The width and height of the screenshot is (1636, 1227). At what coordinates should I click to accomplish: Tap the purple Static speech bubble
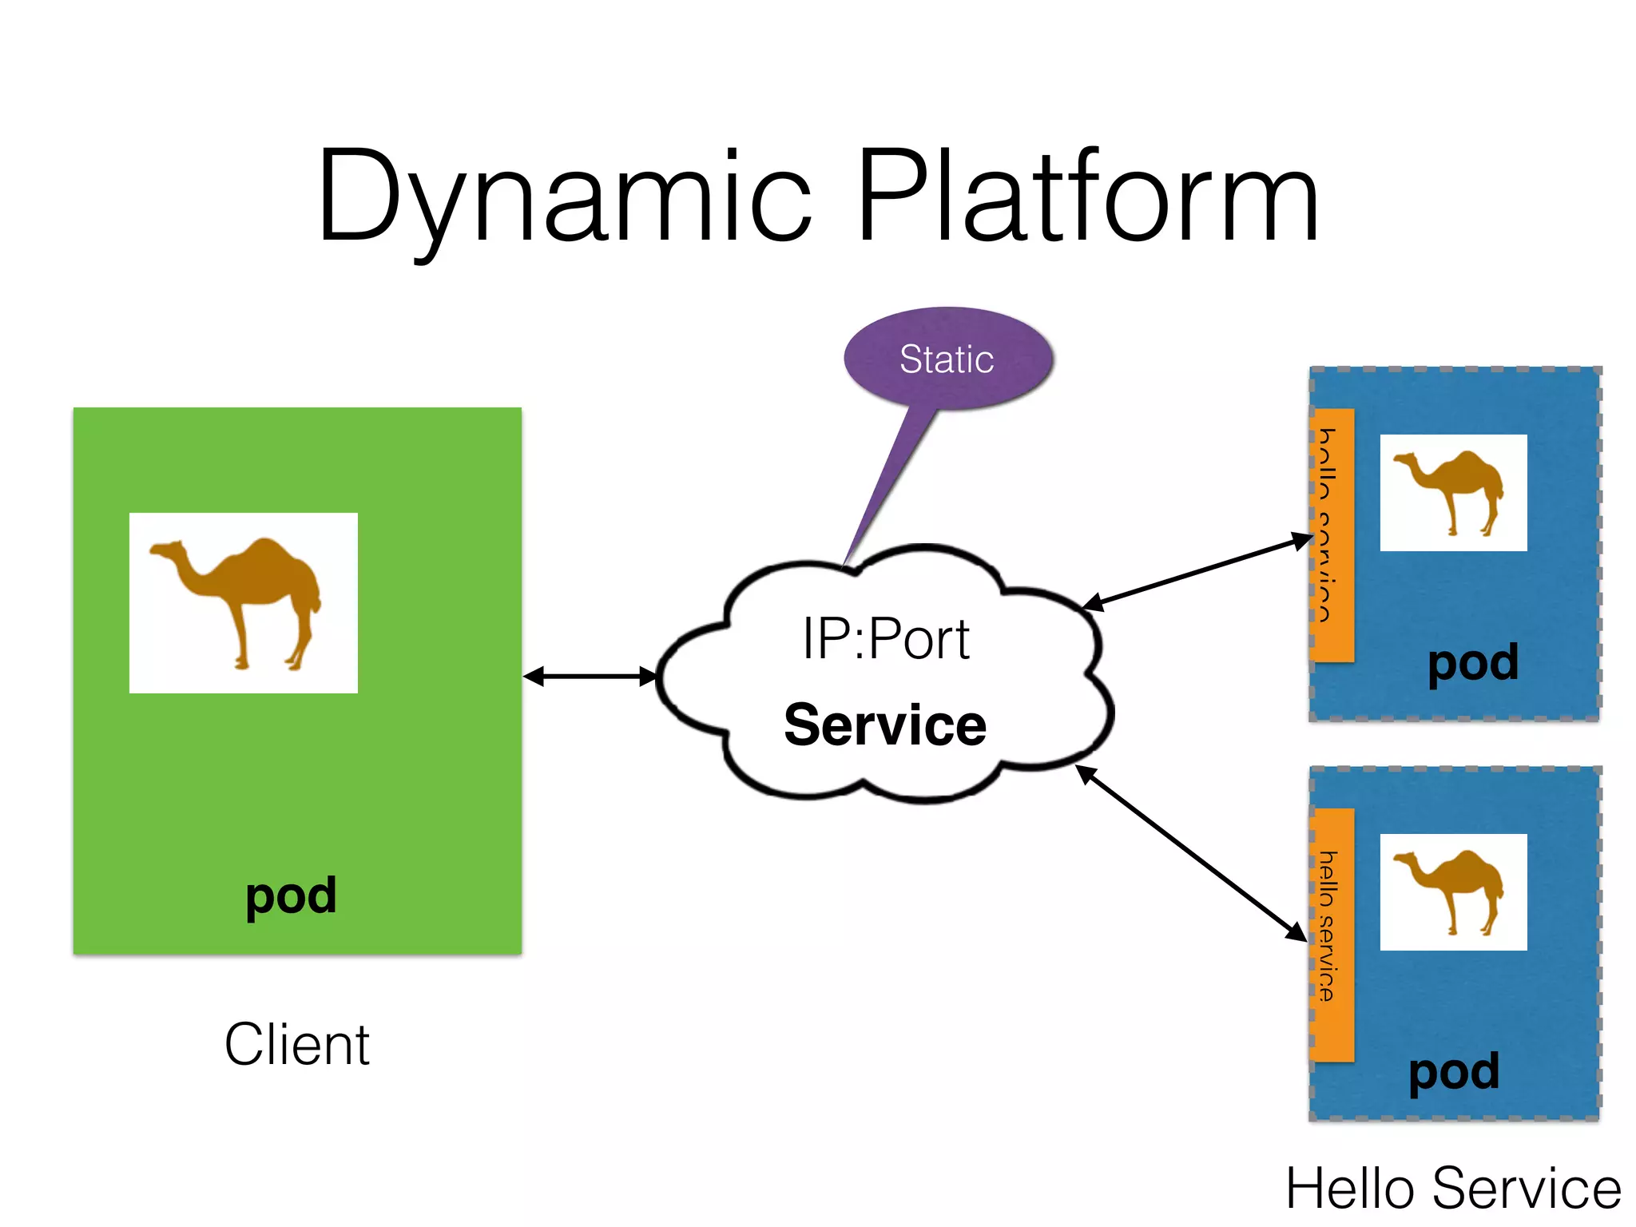coord(947,358)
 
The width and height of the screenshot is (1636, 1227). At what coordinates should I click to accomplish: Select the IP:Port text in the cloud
coord(885,639)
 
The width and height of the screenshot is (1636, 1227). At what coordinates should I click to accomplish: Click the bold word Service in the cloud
coord(885,725)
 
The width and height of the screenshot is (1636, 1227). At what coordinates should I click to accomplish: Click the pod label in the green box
coord(291,896)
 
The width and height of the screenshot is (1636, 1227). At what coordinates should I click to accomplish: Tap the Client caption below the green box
coord(297,1045)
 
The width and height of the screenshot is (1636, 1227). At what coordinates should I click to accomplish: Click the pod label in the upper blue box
coord(1473,663)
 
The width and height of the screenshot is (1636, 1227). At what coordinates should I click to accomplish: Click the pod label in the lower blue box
coord(1454,1072)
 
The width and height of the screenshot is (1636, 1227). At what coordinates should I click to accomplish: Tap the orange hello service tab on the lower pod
coord(1332,935)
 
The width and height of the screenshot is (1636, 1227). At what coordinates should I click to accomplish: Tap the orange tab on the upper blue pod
coord(1332,535)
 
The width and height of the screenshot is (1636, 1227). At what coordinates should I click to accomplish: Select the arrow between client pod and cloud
coord(590,677)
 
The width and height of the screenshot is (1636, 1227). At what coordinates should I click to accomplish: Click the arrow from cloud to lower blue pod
coord(1190,853)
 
